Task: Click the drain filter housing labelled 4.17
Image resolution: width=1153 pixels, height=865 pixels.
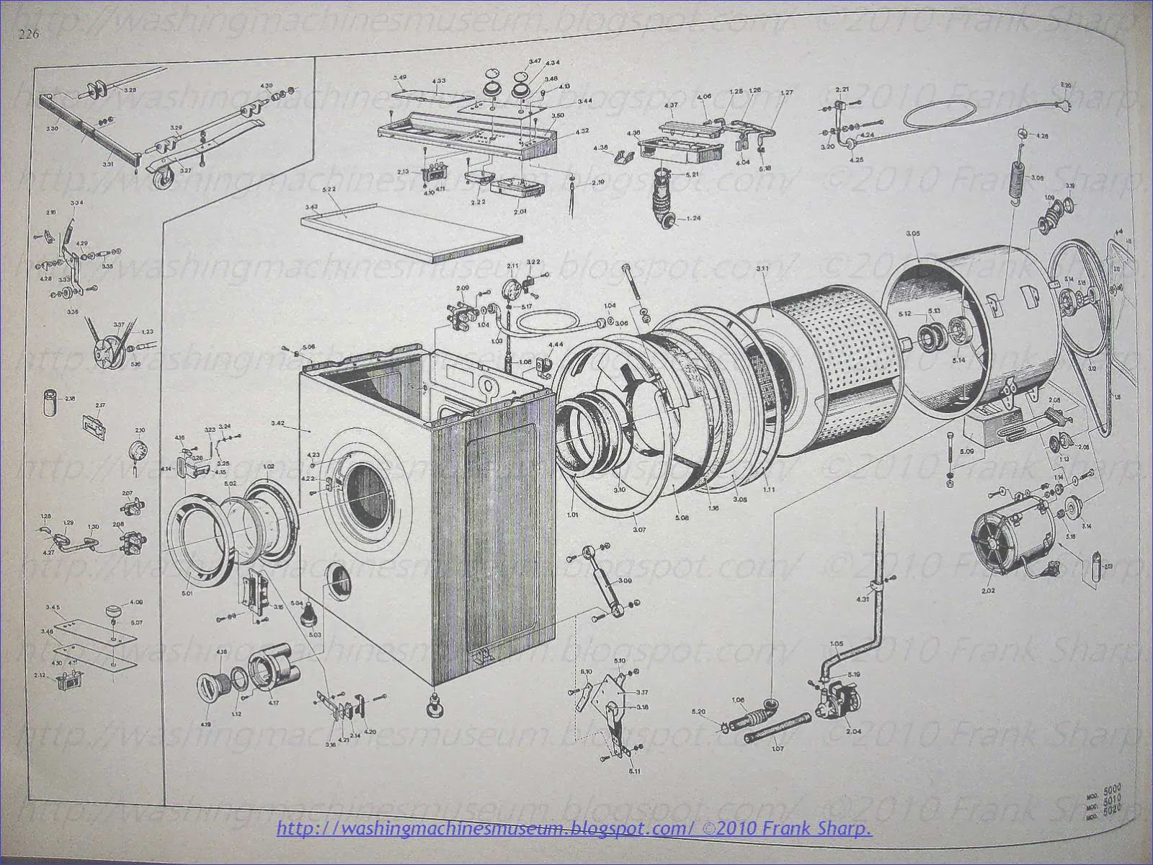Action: point(275,668)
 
